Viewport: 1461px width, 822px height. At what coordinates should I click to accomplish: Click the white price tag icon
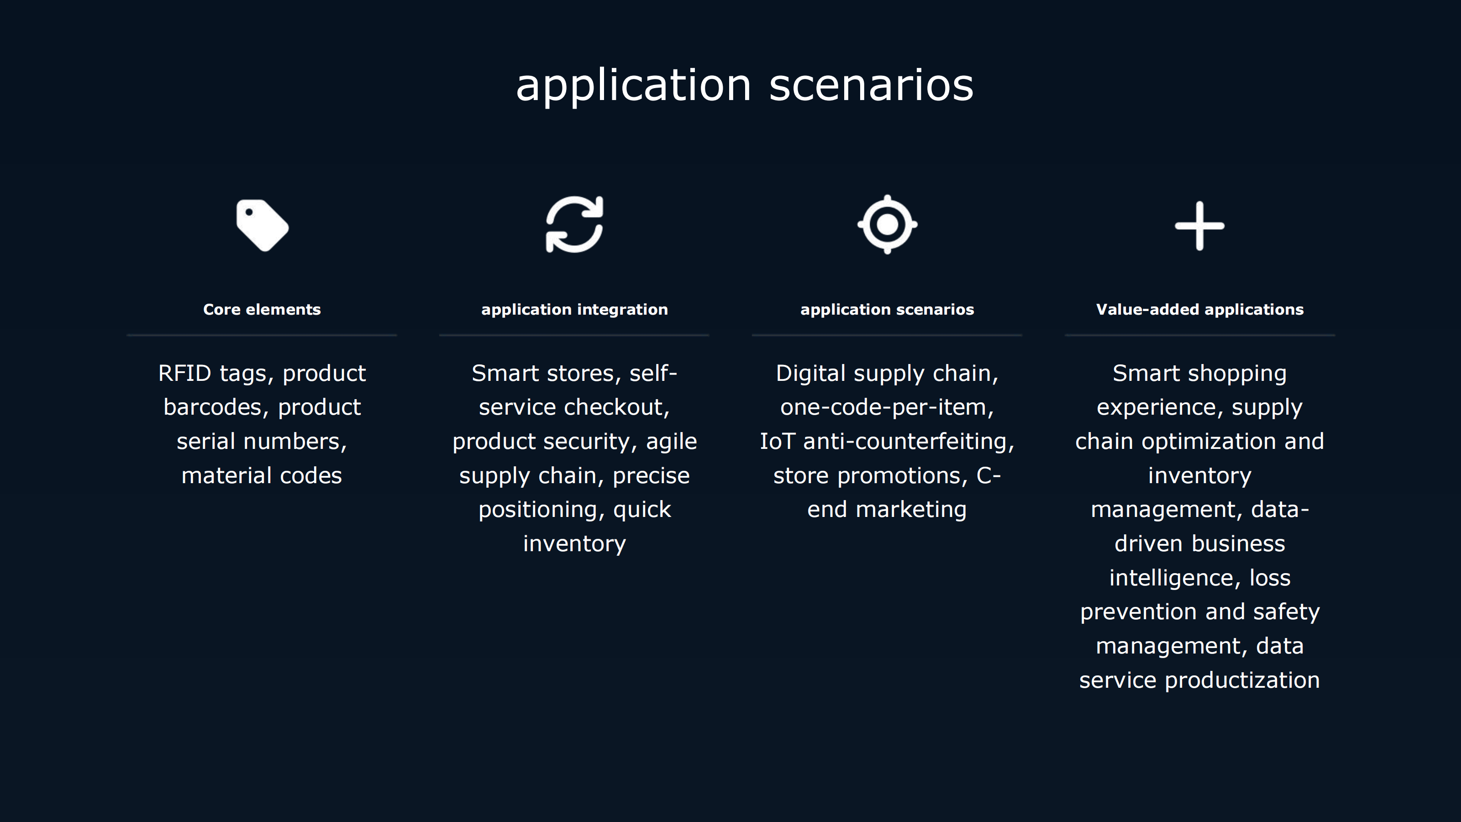tap(262, 225)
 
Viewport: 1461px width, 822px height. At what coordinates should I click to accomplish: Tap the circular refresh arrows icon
tap(574, 225)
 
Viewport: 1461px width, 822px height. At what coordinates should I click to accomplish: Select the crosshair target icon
tap(887, 225)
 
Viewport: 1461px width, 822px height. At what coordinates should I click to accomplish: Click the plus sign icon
tap(1199, 225)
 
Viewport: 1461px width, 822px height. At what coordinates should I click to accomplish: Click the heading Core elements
tap(262, 309)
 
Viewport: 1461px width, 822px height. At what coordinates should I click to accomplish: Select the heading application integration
tap(574, 310)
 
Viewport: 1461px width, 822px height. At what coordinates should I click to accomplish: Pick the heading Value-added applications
tap(1199, 310)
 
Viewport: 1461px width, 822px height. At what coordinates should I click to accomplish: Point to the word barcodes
tap(213, 407)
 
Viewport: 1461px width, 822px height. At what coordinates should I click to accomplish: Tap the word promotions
tap(902, 476)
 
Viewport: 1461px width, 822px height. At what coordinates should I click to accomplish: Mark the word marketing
tap(911, 510)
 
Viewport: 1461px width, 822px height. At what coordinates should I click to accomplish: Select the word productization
tap(1242, 680)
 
